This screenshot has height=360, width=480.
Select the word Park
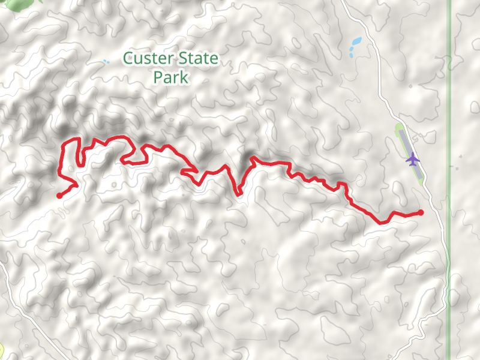[x=171, y=77]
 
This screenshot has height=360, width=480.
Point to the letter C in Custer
[x=128, y=59]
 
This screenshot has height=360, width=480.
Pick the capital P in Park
[x=157, y=77]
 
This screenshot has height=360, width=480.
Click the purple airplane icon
[x=412, y=160]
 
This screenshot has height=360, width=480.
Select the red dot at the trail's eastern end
[x=420, y=212]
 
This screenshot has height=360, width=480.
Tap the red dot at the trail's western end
[x=59, y=195]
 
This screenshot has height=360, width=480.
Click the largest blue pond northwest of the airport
[x=356, y=42]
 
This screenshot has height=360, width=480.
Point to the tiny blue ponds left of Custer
[x=106, y=61]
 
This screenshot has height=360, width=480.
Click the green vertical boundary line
[x=448, y=180]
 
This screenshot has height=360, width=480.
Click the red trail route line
[x=270, y=163]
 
